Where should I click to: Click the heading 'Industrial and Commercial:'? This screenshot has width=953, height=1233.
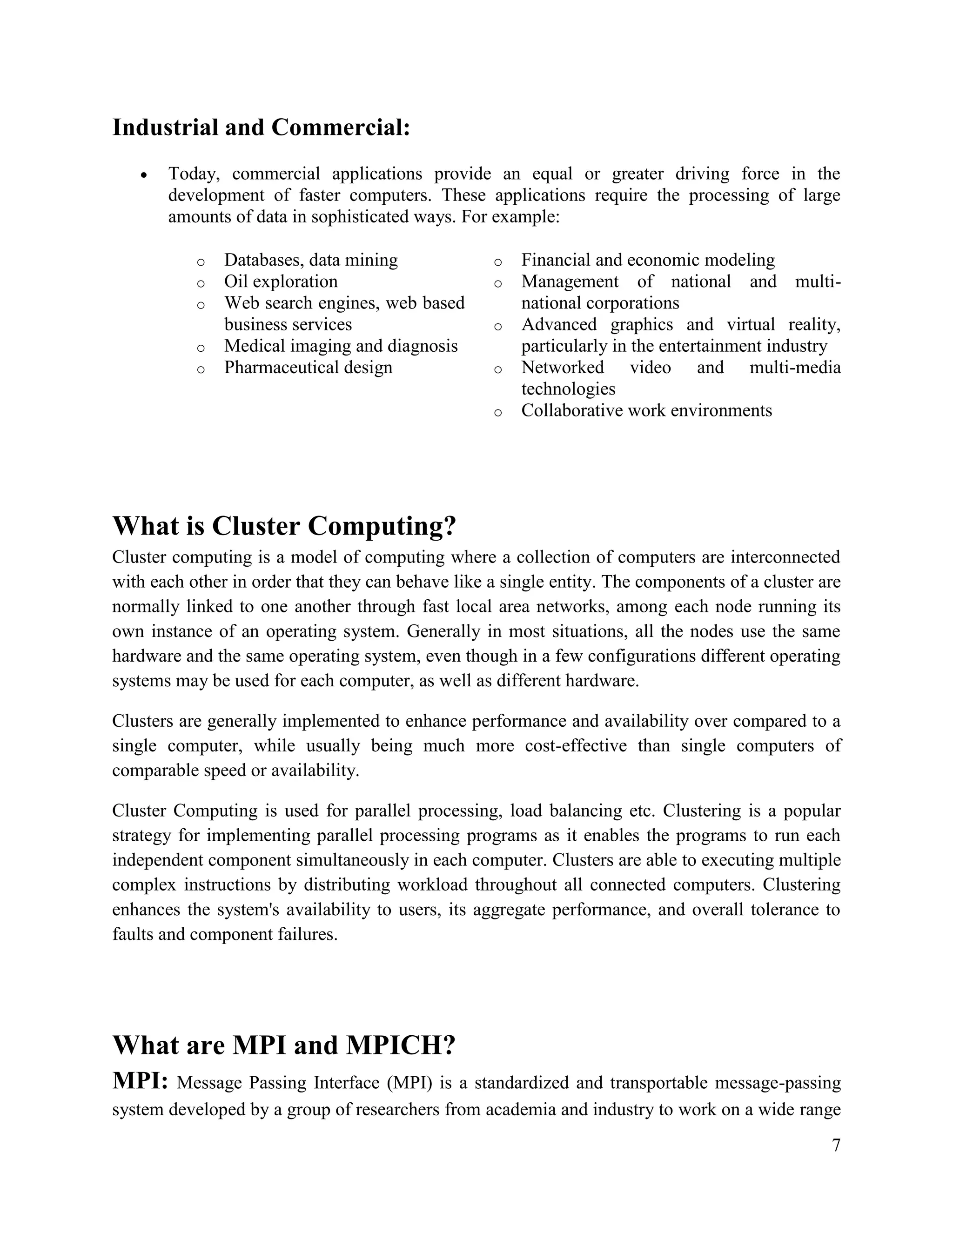point(261,127)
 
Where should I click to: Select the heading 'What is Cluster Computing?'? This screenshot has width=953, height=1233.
point(284,526)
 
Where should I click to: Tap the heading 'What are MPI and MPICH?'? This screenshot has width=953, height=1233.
point(283,1045)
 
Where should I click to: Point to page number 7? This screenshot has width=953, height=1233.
point(836,1145)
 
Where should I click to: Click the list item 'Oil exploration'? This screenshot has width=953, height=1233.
point(281,281)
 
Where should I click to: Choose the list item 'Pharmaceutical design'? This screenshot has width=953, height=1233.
point(308,367)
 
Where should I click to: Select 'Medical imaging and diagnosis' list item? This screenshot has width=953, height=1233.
point(341,346)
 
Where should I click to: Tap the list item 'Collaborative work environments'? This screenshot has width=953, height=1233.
point(646,410)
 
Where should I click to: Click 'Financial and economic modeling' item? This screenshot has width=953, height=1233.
point(648,260)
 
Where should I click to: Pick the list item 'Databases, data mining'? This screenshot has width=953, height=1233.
point(310,260)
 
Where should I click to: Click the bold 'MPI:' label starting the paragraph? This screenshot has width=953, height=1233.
point(140,1080)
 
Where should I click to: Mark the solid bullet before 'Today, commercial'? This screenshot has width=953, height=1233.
point(145,175)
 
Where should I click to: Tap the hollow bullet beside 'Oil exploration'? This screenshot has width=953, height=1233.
point(201,283)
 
